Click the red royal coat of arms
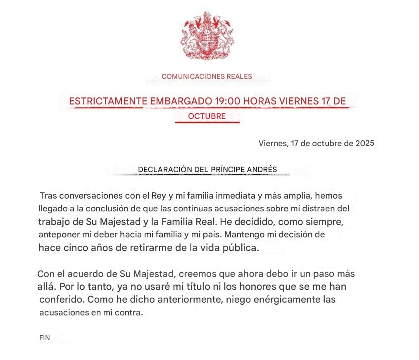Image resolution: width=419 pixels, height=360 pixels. pos(207,36)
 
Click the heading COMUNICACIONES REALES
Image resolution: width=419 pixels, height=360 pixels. pos(207,76)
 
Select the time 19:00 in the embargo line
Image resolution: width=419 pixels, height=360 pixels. pos(227,101)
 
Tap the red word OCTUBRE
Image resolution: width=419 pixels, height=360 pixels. pos(207,116)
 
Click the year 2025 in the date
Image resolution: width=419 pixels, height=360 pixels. pos(364,144)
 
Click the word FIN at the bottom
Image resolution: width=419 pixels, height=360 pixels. pos(44,338)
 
